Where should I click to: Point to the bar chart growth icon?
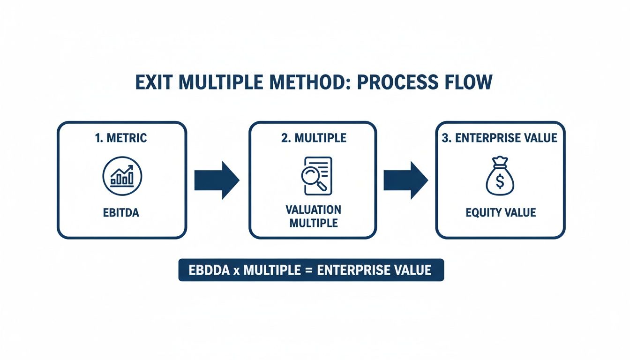(x=122, y=176)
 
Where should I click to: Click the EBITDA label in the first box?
(x=121, y=213)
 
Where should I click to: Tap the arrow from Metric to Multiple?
(x=217, y=180)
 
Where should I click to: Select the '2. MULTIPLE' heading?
(x=313, y=138)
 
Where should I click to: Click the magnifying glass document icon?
(x=315, y=176)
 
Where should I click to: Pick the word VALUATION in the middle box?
(x=314, y=209)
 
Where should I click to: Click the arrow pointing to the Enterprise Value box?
(x=405, y=180)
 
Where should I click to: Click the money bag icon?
(x=500, y=176)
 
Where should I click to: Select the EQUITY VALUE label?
(x=501, y=213)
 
